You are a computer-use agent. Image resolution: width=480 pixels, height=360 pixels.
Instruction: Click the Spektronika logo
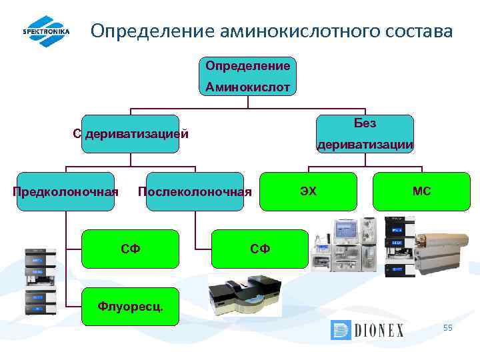click(x=46, y=31)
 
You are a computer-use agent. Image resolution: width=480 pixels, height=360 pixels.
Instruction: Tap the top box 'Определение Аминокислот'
click(x=247, y=76)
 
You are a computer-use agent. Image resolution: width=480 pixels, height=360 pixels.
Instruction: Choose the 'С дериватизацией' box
click(x=131, y=133)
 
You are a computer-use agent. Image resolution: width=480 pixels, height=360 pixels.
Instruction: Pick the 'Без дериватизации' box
click(x=365, y=133)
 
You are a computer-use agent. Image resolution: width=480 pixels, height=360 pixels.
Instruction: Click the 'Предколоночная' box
click(x=65, y=192)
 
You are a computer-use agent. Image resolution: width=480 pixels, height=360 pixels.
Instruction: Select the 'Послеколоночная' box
click(x=195, y=192)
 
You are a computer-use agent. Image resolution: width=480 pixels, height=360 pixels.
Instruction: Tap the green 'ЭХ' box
click(x=308, y=191)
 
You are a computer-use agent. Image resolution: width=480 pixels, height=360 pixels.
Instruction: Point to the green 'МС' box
click(x=421, y=191)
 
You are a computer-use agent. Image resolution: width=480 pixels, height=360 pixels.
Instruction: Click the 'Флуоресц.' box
click(x=130, y=307)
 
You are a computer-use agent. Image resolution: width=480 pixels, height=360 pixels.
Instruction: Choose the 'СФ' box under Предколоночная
click(x=130, y=249)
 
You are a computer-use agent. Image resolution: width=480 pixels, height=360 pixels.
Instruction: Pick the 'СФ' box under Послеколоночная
click(x=260, y=249)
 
